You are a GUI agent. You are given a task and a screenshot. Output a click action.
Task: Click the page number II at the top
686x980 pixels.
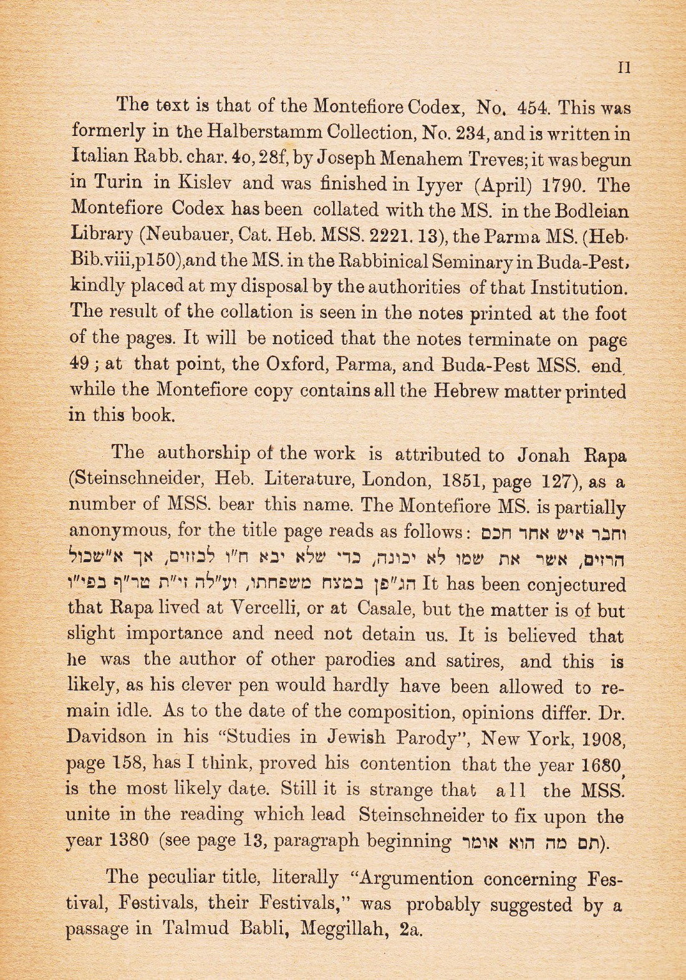[x=623, y=68]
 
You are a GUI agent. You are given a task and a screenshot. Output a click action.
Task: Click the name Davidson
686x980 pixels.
[x=106, y=737]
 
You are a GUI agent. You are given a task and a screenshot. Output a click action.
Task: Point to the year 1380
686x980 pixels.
[x=128, y=842]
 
